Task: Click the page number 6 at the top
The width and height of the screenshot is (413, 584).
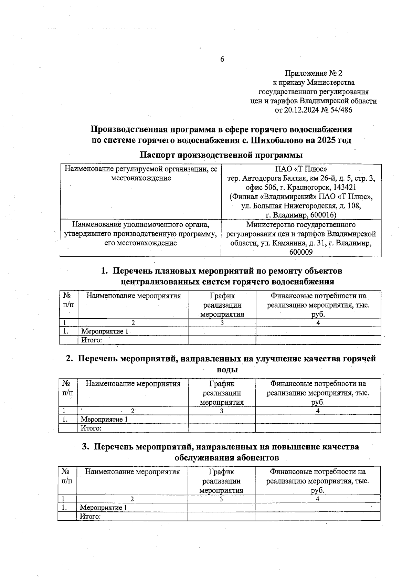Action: [222, 59]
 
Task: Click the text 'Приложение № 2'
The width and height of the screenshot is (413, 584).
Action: [314, 73]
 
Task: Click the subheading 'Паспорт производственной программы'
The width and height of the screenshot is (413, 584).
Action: [221, 155]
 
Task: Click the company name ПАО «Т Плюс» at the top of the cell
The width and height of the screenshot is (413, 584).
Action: [301, 169]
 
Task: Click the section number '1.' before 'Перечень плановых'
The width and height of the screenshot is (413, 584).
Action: [105, 271]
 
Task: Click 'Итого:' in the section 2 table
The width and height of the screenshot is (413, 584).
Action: [91, 428]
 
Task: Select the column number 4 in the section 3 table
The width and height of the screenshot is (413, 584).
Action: [317, 499]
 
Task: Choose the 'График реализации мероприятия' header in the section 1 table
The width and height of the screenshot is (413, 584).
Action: [222, 305]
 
